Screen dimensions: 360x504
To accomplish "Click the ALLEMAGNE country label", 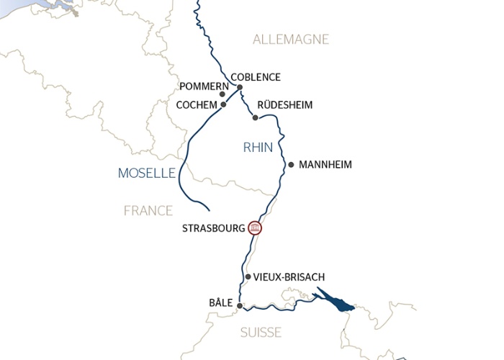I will click(x=291, y=40).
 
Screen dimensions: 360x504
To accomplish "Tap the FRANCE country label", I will click(x=148, y=210).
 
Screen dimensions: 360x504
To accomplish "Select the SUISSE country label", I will click(x=261, y=333).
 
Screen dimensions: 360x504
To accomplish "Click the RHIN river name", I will click(x=258, y=148).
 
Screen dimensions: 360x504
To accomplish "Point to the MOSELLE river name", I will click(x=147, y=173).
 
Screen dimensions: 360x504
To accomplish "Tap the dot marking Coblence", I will click(x=240, y=88).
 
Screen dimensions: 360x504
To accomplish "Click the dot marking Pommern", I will click(x=222, y=94).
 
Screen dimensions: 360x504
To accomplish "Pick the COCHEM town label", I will click(x=197, y=105).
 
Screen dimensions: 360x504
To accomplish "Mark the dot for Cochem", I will click(x=224, y=104).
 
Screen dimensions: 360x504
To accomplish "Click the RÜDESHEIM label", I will click(x=284, y=105).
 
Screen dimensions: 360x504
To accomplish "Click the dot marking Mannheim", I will click(x=291, y=165).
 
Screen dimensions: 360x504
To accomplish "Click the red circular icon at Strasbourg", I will click(x=254, y=228).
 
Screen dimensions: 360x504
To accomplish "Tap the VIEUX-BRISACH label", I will click(x=289, y=277).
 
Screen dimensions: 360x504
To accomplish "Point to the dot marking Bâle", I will click(x=240, y=305).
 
